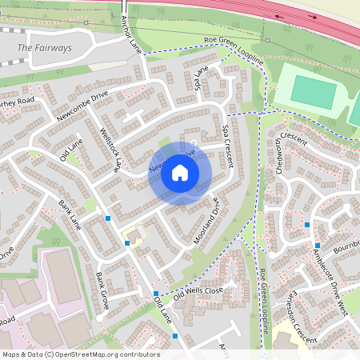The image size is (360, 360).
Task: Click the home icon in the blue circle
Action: click(x=180, y=173)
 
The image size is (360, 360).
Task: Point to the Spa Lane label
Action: click(x=201, y=78)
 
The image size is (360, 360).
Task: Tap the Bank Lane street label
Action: click(x=70, y=211)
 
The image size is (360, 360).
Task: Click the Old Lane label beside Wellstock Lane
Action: click(x=71, y=148)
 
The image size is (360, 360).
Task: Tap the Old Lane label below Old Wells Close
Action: click(x=162, y=314)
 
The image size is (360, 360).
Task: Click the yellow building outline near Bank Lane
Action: click(x=135, y=236)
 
